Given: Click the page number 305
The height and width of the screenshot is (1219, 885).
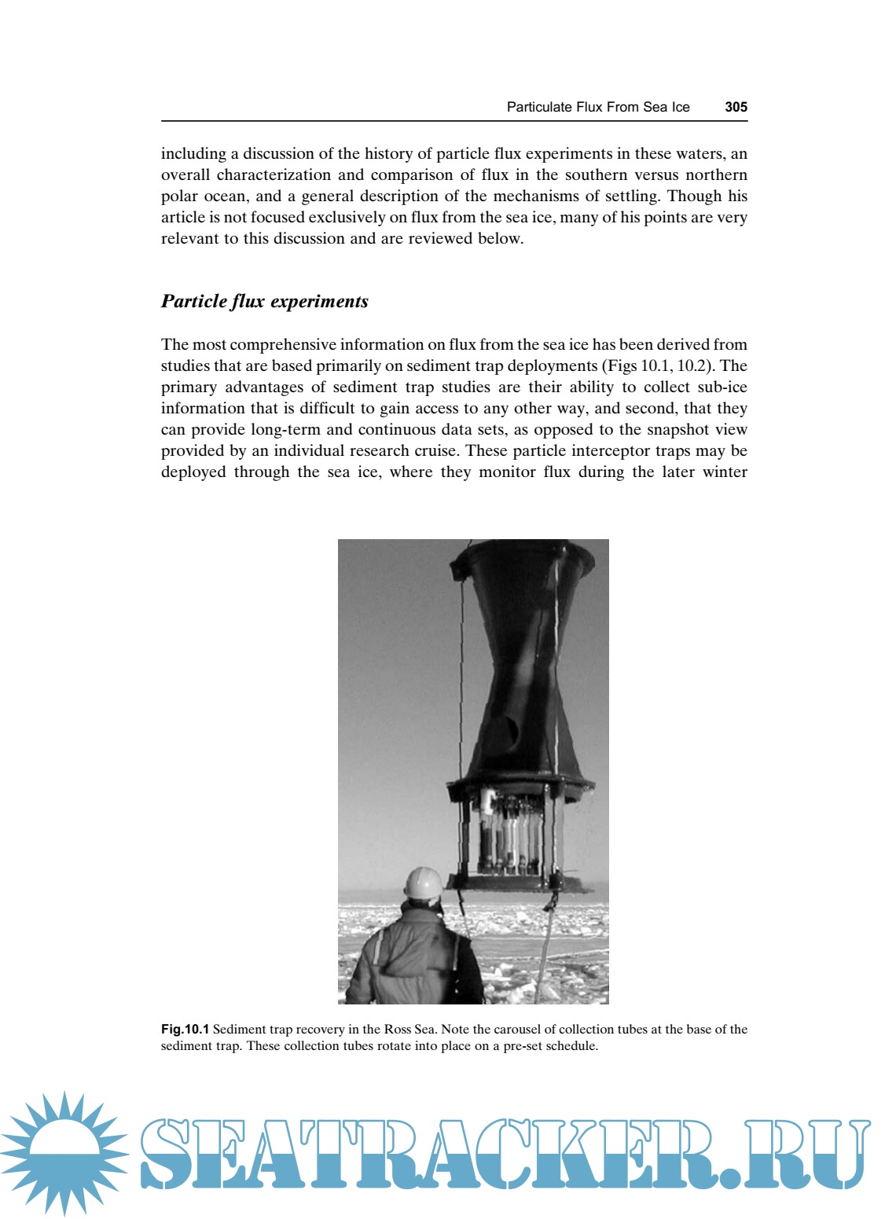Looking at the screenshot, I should click(x=736, y=107).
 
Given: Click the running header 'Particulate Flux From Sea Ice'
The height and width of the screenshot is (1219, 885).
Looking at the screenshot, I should click(x=597, y=107).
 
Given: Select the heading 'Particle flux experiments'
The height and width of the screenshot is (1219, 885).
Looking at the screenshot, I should click(x=264, y=301).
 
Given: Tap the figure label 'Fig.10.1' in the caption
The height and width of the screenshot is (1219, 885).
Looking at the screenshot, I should click(x=185, y=1029).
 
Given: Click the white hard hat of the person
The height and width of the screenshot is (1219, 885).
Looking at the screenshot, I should click(x=423, y=883).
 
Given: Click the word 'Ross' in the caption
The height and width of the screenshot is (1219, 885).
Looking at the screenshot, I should click(x=398, y=1029).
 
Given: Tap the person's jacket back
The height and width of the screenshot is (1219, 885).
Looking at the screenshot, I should click(x=413, y=959).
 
